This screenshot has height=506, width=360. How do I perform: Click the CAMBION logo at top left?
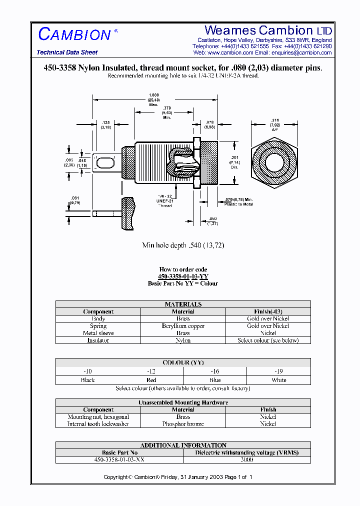pyautogui.click(x=75, y=34)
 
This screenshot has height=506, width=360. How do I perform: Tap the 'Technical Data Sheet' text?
pyautogui.click(x=67, y=52)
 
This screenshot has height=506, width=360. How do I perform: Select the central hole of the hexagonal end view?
pyautogui.click(x=273, y=163)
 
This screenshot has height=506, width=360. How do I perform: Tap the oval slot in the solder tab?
pyautogui.click(x=104, y=163)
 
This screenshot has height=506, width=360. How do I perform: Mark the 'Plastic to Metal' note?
pyautogui.click(x=239, y=204)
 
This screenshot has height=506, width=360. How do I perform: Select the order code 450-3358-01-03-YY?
pyautogui.click(x=183, y=276)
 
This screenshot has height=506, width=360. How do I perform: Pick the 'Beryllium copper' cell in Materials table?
pyautogui.click(x=183, y=326)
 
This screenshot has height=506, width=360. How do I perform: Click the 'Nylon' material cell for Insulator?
pyautogui.click(x=183, y=340)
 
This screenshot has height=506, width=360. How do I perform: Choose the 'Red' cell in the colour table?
pyautogui.click(x=151, y=380)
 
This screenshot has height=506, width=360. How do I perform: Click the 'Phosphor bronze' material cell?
pyautogui.click(x=183, y=424)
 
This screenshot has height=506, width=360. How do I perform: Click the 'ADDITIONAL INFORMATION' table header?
pyautogui.click(x=183, y=445)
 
